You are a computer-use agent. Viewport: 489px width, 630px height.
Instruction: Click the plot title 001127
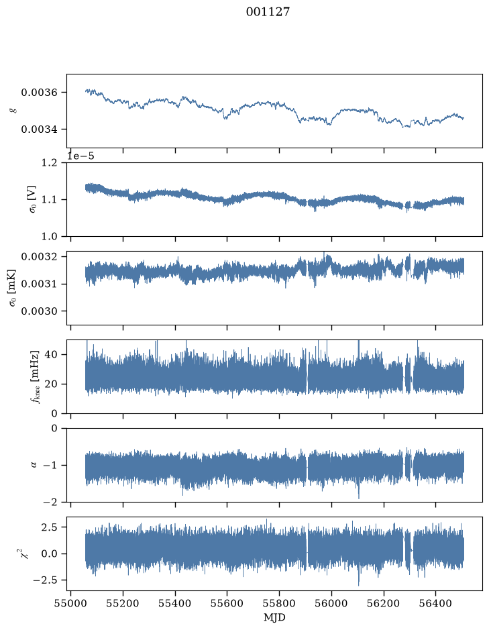click(268, 12)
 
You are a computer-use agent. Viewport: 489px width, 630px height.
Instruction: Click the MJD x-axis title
click(274, 617)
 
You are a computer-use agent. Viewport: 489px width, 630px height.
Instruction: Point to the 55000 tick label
click(70, 603)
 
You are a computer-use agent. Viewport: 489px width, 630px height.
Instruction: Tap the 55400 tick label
click(175, 603)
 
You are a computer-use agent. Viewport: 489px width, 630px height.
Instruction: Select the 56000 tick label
click(331, 603)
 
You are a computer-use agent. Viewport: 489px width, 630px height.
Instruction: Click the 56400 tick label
click(436, 603)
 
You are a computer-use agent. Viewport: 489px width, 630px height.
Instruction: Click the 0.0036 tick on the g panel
click(39, 93)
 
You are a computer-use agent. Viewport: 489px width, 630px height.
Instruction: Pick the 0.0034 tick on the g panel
click(39, 129)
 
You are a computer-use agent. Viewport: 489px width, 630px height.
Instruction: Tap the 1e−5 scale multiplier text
click(80, 156)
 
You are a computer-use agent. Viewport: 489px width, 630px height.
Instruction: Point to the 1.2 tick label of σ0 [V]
click(49, 163)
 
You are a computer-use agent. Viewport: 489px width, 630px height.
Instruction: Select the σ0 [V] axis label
click(33, 199)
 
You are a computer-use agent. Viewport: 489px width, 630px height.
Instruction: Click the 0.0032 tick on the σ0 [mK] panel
click(39, 256)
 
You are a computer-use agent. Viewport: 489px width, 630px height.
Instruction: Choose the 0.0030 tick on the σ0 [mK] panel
click(39, 311)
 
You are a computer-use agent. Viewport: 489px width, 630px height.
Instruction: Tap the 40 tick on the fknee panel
click(52, 354)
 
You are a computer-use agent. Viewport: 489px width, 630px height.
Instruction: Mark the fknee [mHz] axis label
click(35, 376)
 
